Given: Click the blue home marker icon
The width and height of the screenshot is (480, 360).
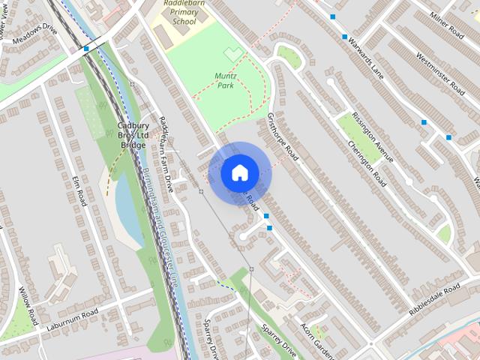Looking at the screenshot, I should click(x=239, y=172).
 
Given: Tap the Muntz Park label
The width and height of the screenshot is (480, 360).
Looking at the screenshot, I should click(x=225, y=81).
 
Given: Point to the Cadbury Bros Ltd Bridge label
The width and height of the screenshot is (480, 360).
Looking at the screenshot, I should click(x=133, y=135).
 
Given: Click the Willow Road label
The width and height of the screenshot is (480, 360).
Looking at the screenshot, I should click(x=28, y=306).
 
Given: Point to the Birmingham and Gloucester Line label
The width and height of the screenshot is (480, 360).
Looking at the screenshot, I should click(x=159, y=225).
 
